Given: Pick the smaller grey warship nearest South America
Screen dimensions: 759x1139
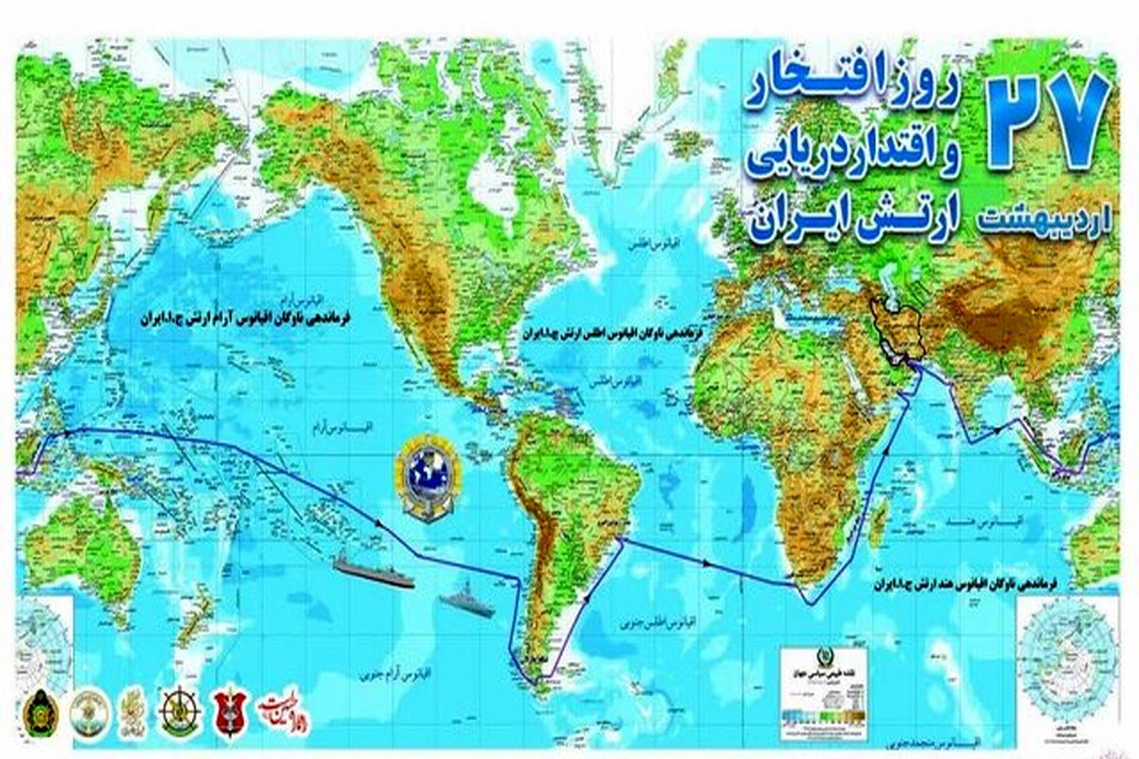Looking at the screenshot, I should tap(467, 601).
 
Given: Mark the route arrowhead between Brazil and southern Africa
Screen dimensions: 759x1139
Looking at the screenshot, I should tap(706, 564).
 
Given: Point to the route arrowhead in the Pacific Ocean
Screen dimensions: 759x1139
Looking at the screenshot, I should tap(380, 524).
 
